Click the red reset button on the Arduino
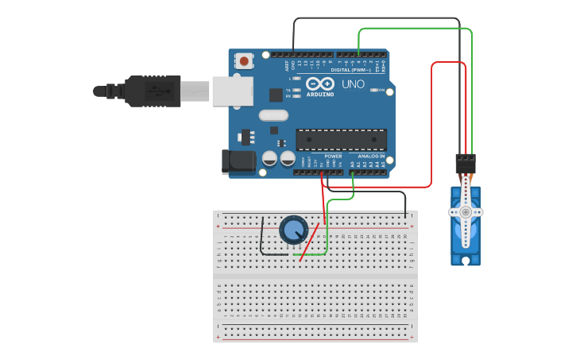tap(244, 60)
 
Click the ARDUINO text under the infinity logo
tap(319, 94)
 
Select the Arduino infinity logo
tap(319, 83)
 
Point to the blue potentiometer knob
tap(293, 230)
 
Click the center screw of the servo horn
tap(465, 212)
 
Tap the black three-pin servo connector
tap(466, 163)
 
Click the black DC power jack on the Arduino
tap(238, 161)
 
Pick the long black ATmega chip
tap(341, 139)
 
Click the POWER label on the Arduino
tap(333, 157)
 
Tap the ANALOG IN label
tap(371, 157)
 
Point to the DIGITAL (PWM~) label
tap(352, 70)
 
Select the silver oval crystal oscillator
tap(273, 115)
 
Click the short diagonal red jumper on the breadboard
tap(309, 242)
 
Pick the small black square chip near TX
tap(276, 95)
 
